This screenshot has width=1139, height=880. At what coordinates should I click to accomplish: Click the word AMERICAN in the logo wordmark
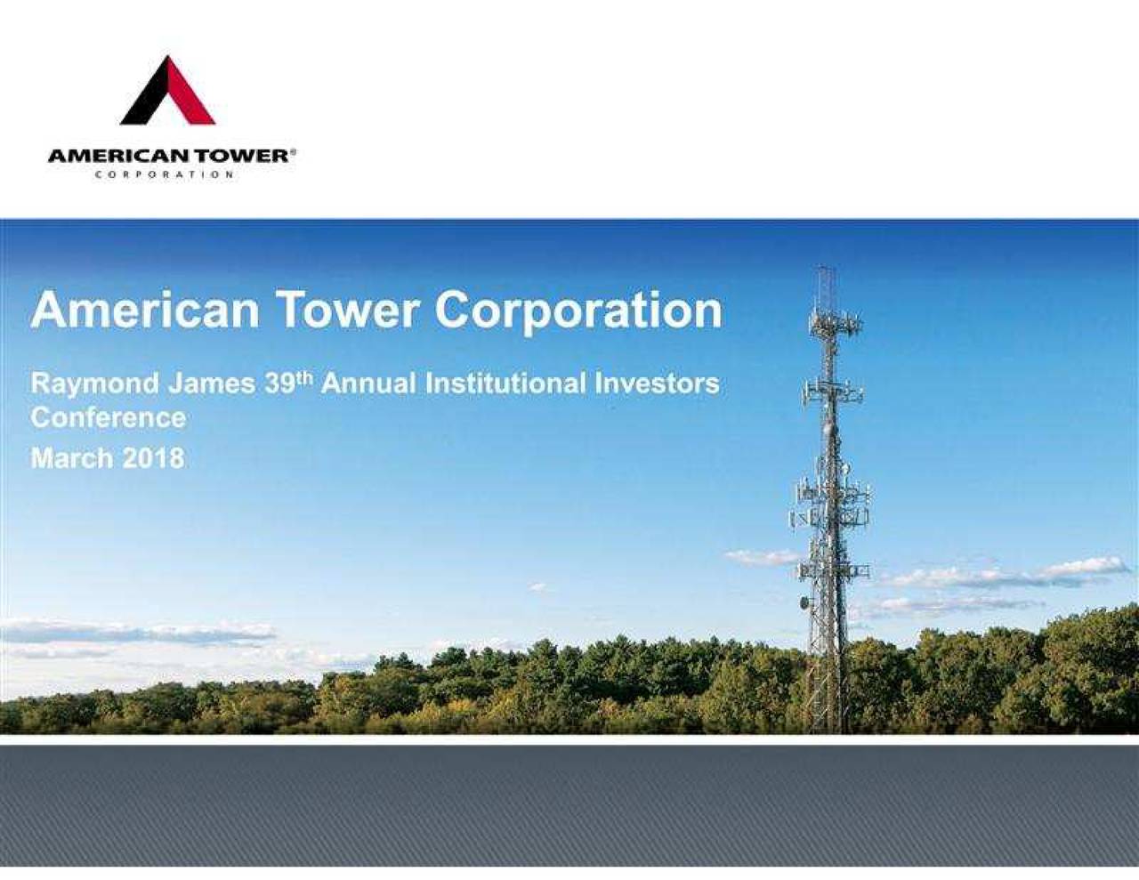point(120,157)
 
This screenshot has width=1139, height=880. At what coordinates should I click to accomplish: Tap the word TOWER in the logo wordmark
point(242,157)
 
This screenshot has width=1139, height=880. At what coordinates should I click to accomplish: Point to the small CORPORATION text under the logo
point(165,174)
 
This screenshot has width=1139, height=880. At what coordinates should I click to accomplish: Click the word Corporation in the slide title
point(578,313)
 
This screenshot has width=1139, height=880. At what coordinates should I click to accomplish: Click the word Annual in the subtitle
point(369,383)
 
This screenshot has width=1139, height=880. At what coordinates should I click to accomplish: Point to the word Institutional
point(505,383)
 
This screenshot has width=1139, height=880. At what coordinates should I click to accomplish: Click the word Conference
point(109,418)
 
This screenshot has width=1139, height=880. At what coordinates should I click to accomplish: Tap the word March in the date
point(72,458)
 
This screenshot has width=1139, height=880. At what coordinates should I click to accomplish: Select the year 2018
point(153,458)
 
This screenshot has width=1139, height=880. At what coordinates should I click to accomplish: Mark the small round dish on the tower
point(804,602)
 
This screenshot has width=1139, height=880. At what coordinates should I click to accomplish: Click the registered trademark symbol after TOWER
point(293,152)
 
